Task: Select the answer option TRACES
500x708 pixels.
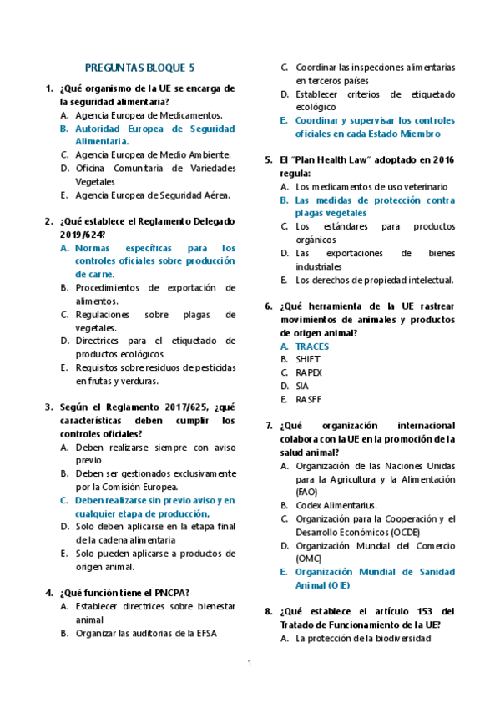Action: pos(312,346)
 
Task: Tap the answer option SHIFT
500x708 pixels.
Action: pos(308,359)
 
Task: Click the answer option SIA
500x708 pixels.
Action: pos(302,386)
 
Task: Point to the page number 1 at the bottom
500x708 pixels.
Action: pos(249,664)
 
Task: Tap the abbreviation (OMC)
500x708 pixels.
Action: pos(308,559)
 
